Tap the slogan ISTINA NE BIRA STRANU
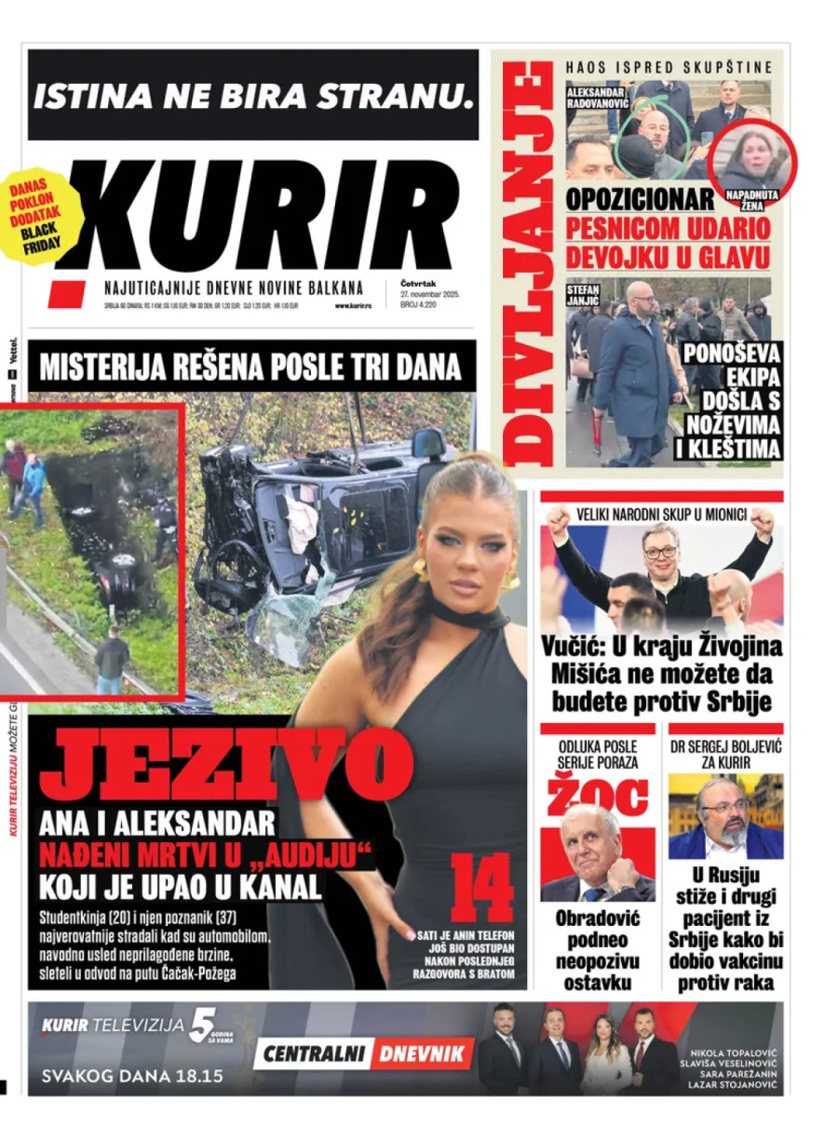[x=252, y=95]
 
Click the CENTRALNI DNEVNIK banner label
[x=363, y=1054]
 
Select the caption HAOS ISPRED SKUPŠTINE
[x=669, y=67]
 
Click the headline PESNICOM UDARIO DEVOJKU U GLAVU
[x=668, y=241]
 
